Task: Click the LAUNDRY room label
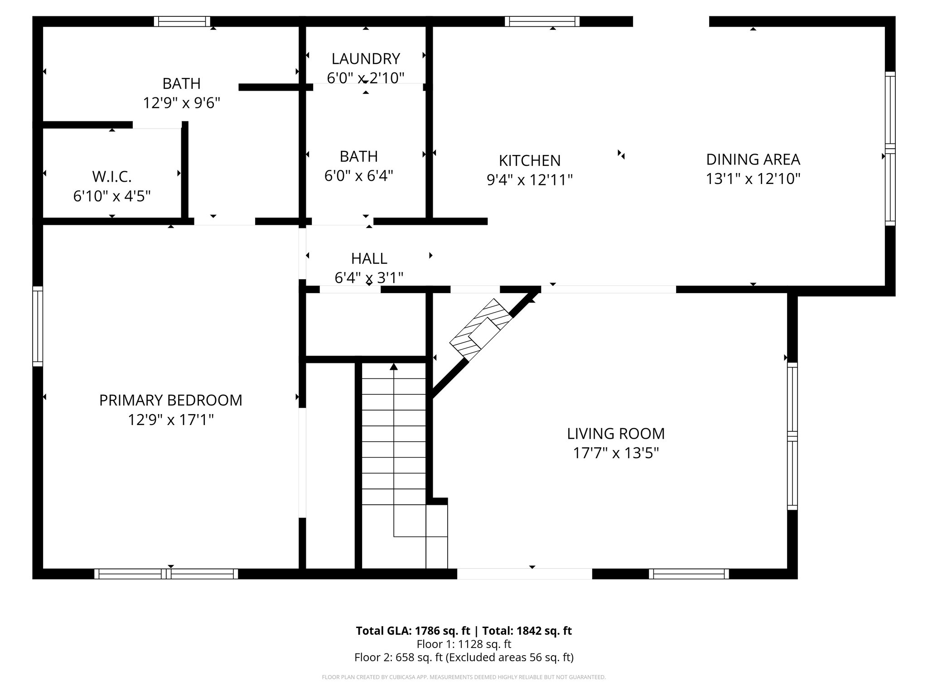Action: pyautogui.click(x=366, y=59)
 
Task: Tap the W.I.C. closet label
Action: pyautogui.click(x=111, y=176)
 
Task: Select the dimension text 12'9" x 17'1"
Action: pyautogui.click(x=170, y=420)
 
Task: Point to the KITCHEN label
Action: pyautogui.click(x=529, y=160)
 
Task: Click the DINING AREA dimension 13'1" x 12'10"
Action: pyautogui.click(x=753, y=179)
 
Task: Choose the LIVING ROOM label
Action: pyautogui.click(x=615, y=434)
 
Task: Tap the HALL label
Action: pyautogui.click(x=369, y=259)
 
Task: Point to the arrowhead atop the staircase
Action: pyautogui.click(x=394, y=367)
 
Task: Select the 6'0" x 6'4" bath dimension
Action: pyautogui.click(x=358, y=176)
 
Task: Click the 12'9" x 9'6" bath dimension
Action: pyautogui.click(x=181, y=103)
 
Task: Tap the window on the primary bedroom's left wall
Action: pyautogui.click(x=38, y=326)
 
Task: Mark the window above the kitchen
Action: pyautogui.click(x=542, y=21)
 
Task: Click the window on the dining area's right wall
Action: pyautogui.click(x=890, y=149)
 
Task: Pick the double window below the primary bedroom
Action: pyautogui.click(x=166, y=574)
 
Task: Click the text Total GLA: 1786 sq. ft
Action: pyautogui.click(x=413, y=631)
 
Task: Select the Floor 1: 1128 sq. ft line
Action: pyautogui.click(x=464, y=644)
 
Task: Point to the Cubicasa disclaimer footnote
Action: pyautogui.click(x=464, y=677)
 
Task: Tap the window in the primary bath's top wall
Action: pyautogui.click(x=182, y=21)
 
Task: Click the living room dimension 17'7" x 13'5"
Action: pyautogui.click(x=615, y=453)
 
